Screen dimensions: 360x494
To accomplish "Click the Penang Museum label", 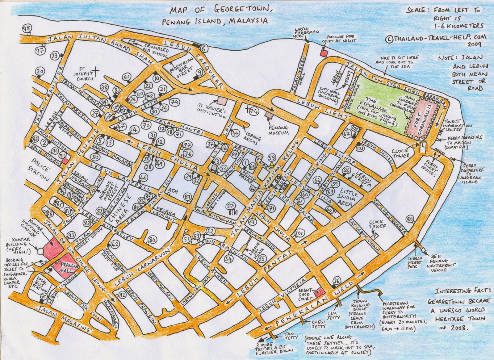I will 278,130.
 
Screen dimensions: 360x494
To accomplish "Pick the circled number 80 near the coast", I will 410,220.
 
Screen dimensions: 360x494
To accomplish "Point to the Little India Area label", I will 349,198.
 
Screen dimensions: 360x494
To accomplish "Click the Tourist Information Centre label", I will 458,125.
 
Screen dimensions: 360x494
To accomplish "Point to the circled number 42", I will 115,244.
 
